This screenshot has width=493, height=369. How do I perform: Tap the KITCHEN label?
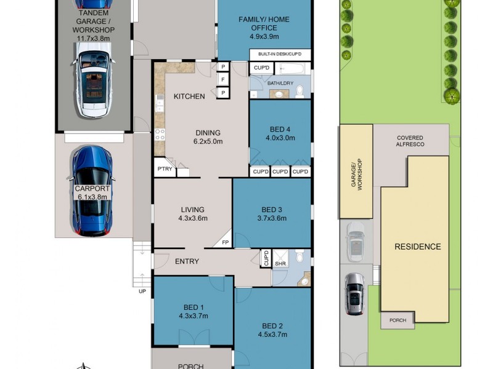(x=189, y=97)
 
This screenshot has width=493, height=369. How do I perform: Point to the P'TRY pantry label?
(x=164, y=169)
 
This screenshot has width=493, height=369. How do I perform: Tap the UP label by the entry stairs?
(x=142, y=292)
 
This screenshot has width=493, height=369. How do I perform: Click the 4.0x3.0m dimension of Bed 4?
(x=280, y=138)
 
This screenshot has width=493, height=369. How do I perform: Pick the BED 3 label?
(x=271, y=208)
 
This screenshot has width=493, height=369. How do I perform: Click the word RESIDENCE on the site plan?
(x=418, y=247)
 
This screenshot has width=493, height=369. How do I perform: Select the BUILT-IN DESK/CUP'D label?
(x=280, y=55)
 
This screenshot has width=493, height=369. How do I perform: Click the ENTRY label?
(x=187, y=261)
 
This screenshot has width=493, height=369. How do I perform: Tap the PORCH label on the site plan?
(x=397, y=320)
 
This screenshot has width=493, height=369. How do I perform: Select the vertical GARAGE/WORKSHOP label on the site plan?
(x=355, y=173)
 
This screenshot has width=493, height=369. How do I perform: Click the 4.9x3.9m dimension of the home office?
(x=264, y=36)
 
